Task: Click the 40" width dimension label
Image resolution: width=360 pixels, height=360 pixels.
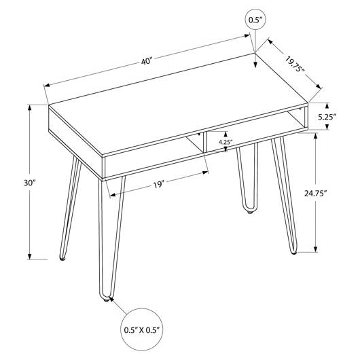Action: (x=147, y=62)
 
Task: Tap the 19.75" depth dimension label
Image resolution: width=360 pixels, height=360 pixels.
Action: (x=295, y=64)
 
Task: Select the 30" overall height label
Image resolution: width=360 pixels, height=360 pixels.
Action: (x=30, y=183)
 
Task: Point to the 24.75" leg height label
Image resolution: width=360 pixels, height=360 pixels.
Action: (x=315, y=194)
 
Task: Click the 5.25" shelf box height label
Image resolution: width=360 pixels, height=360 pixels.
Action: (x=327, y=118)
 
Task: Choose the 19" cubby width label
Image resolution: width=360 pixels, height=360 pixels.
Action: (x=159, y=185)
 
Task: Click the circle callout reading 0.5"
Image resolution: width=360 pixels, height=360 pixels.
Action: (x=255, y=20)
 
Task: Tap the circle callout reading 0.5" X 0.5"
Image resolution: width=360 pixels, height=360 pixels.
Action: (x=142, y=330)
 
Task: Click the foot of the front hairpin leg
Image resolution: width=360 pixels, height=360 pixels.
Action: (x=105, y=299)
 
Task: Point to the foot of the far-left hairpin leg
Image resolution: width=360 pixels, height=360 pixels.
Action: (x=62, y=259)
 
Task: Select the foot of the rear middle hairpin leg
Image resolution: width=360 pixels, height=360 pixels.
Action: (x=249, y=211)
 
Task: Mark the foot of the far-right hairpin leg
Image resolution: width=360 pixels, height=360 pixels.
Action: (x=293, y=253)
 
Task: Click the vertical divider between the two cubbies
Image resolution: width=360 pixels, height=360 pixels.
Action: (x=204, y=143)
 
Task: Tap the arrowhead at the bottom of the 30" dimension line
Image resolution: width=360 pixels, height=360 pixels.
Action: (x=29, y=256)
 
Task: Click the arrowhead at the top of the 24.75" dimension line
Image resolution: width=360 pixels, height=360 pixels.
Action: (x=315, y=137)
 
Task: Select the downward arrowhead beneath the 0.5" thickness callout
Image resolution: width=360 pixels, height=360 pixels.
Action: (x=255, y=65)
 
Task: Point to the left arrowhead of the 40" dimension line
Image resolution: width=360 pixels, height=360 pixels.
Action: (x=47, y=86)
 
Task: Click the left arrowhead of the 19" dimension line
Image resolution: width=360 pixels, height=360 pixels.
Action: (x=113, y=195)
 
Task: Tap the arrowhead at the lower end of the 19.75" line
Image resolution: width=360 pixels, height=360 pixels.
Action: (x=319, y=86)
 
